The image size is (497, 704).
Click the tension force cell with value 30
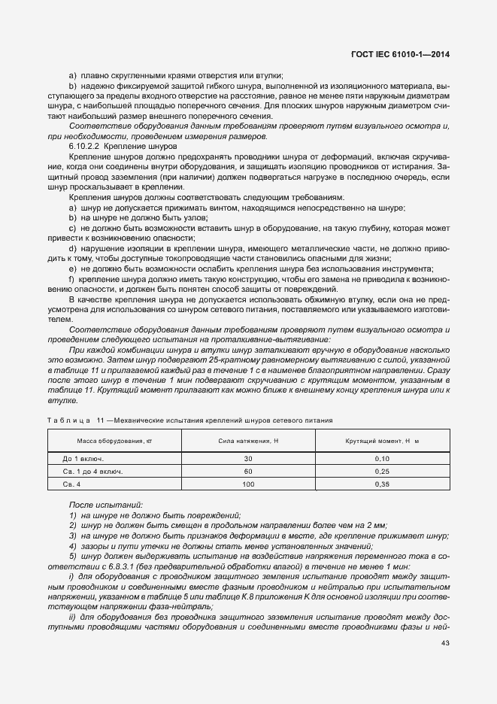[x=248, y=457]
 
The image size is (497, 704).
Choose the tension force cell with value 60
[x=248, y=471]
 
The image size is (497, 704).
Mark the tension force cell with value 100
[x=248, y=484]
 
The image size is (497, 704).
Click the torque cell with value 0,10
[x=382, y=457]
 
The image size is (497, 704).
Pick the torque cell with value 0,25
[x=382, y=471]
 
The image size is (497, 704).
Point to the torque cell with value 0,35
[x=382, y=484]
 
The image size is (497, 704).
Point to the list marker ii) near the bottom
[x=73, y=616]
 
